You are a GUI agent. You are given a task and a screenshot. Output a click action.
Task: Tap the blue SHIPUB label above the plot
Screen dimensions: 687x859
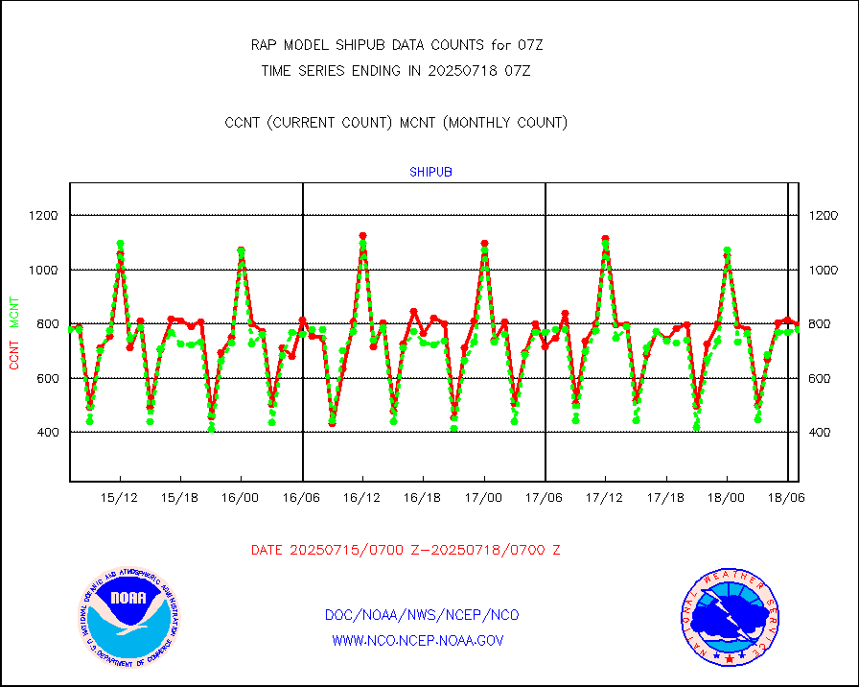click(x=430, y=173)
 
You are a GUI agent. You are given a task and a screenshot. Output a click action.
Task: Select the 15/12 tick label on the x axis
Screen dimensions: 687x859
click(x=120, y=498)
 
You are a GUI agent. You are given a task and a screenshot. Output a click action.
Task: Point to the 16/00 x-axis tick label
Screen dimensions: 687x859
click(x=241, y=498)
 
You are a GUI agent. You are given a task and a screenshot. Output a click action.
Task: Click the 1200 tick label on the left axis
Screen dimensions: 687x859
click(x=43, y=216)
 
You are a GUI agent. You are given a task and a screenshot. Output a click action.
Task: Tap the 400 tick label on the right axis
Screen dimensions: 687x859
click(x=822, y=433)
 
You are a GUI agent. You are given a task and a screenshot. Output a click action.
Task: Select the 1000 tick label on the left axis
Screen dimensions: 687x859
click(x=43, y=271)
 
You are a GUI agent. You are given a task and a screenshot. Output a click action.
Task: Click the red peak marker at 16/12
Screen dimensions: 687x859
click(x=362, y=235)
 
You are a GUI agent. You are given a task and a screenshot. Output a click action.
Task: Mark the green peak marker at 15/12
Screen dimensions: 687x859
click(x=120, y=244)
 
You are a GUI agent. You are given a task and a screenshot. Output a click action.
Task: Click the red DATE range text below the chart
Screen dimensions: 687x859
click(x=406, y=551)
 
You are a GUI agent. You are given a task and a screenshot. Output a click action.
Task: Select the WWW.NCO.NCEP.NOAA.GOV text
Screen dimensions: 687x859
click(x=417, y=640)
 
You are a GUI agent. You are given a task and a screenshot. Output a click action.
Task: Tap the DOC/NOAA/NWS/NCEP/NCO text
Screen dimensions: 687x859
click(x=422, y=615)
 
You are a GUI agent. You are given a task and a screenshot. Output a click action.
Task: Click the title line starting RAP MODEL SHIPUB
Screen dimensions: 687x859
click(x=397, y=45)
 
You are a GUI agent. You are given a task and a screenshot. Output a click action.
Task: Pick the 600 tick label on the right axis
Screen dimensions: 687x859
click(x=822, y=379)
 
